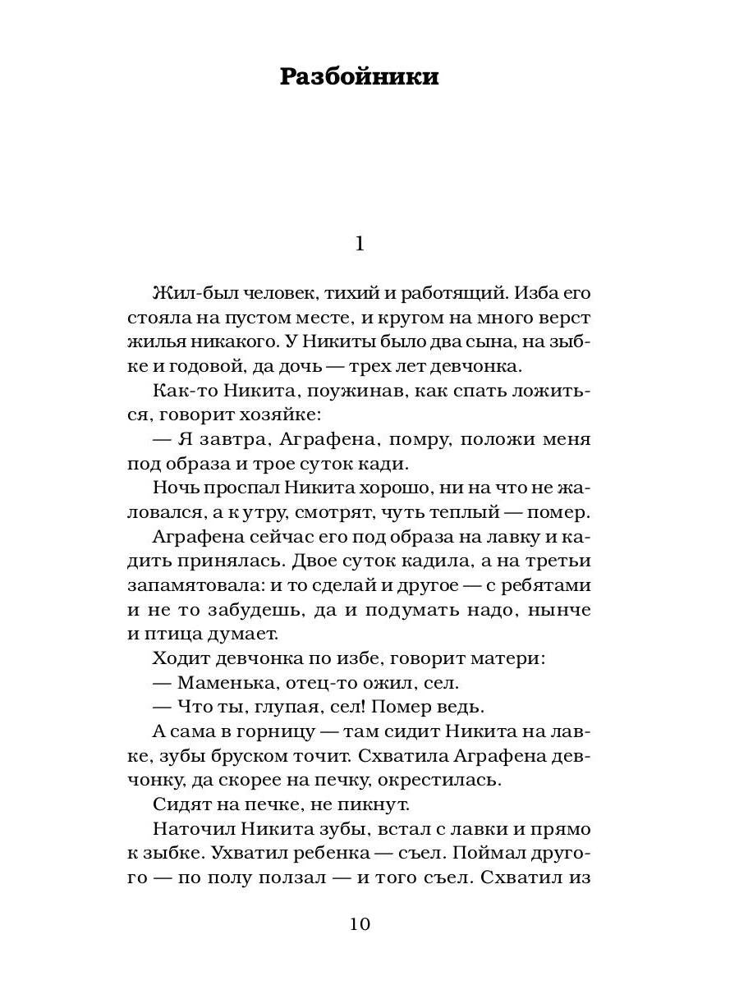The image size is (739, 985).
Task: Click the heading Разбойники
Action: pyautogui.click(x=359, y=77)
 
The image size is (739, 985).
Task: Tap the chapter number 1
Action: pyautogui.click(x=358, y=244)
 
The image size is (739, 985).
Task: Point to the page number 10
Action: pyautogui.click(x=360, y=924)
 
